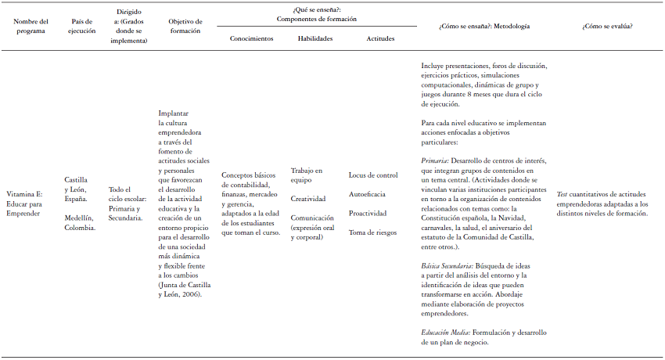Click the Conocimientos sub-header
pyautogui.click(x=251, y=38)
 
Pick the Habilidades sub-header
pyautogui.click(x=315, y=38)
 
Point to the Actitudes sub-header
pyautogui.click(x=380, y=38)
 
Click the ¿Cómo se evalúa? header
pyautogui.click(x=607, y=27)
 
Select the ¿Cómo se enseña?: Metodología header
pyautogui.click(x=485, y=27)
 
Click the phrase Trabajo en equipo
pyautogui.click(x=306, y=175)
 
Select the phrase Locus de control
pyautogui.click(x=373, y=175)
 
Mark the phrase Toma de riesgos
pyautogui.click(x=372, y=232)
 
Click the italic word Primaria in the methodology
pyautogui.click(x=434, y=160)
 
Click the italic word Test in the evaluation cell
pyautogui.click(x=562, y=193)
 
